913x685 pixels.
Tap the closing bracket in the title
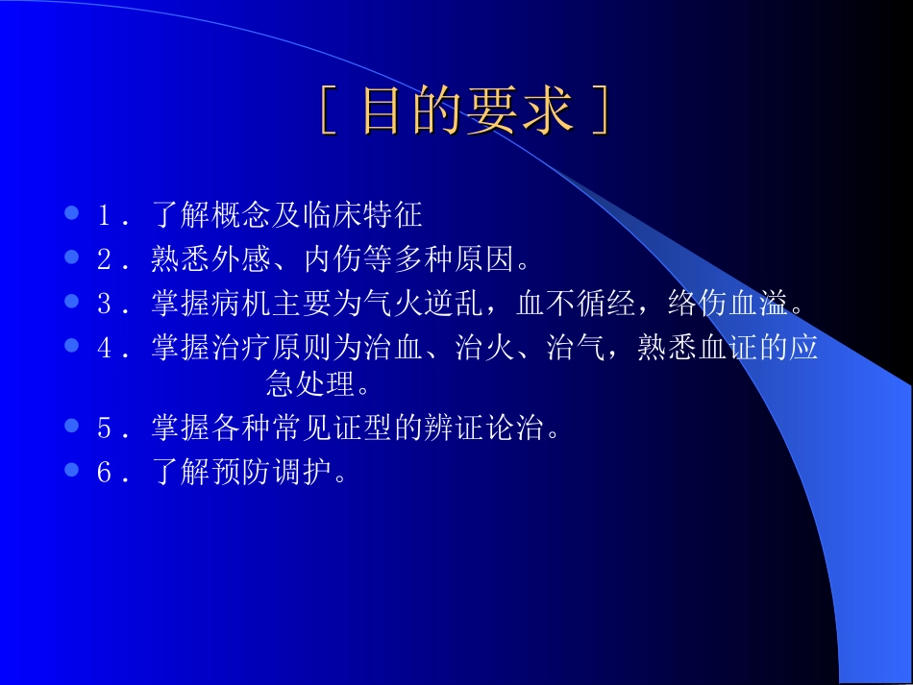(x=600, y=112)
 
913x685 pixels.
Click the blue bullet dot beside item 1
(x=71, y=212)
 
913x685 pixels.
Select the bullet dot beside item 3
(x=71, y=302)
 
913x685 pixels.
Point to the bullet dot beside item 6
(x=71, y=471)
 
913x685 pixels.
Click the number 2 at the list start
(x=105, y=258)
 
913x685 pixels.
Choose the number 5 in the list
(x=105, y=428)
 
